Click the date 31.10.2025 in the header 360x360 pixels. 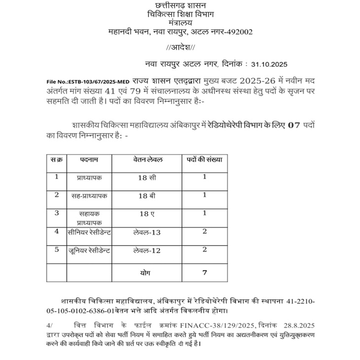point(269,64)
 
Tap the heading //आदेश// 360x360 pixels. point(181,47)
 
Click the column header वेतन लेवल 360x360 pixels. point(148,160)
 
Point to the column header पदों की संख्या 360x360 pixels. point(204,160)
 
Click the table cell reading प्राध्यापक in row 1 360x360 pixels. point(89,177)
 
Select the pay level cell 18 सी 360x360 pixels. point(147,178)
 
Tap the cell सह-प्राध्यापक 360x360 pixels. point(89,196)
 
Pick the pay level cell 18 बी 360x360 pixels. point(147,196)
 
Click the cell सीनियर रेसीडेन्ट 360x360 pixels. point(89,232)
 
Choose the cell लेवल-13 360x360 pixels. point(147,232)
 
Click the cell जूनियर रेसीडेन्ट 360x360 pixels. point(89,251)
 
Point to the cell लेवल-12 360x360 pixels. point(147,251)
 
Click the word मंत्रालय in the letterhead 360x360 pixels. point(180,22)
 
